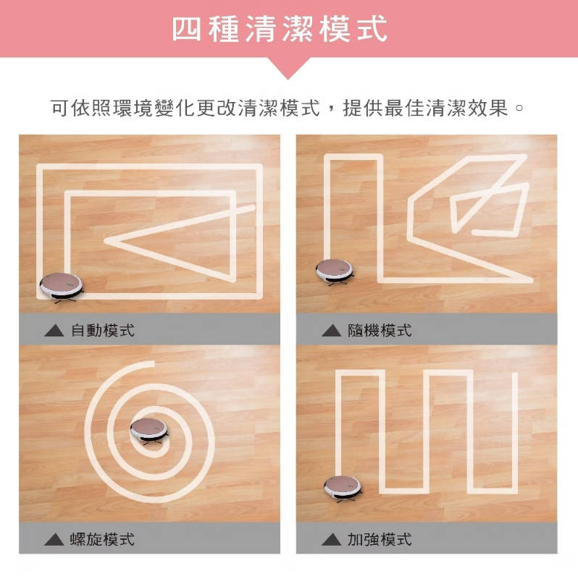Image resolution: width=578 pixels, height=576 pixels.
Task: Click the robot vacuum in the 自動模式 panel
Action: (x=61, y=287)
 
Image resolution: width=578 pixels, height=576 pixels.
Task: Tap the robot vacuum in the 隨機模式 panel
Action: (x=335, y=272)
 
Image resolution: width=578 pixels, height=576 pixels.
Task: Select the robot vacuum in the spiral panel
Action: (x=149, y=431)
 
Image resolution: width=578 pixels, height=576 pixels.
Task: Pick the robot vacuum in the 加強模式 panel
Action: (x=343, y=488)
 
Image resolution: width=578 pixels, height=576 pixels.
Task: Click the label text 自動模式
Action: (x=102, y=330)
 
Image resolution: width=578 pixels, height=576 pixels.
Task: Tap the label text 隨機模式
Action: (x=380, y=330)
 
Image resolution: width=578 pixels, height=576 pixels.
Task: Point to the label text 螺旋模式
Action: (x=102, y=539)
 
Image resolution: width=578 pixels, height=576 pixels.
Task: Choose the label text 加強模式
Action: (x=380, y=539)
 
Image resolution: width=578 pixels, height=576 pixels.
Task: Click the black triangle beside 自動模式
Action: (x=54, y=331)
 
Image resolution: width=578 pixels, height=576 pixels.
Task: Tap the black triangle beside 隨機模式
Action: (x=331, y=331)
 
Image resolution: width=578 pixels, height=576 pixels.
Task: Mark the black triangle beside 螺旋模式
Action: (x=54, y=540)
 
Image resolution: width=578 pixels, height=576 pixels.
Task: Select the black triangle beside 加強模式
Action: (x=331, y=540)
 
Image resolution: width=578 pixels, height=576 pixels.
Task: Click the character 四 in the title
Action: (x=187, y=29)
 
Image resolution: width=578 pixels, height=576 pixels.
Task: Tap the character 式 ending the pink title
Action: (x=372, y=29)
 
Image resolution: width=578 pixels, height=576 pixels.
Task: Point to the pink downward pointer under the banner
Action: (x=288, y=68)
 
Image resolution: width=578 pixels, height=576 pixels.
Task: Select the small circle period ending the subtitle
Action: (x=519, y=109)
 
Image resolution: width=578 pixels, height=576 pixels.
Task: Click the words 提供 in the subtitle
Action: (x=363, y=108)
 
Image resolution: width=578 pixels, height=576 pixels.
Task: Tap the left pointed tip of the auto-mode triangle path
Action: (x=105, y=241)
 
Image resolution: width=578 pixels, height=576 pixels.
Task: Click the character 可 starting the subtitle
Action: (x=59, y=108)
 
